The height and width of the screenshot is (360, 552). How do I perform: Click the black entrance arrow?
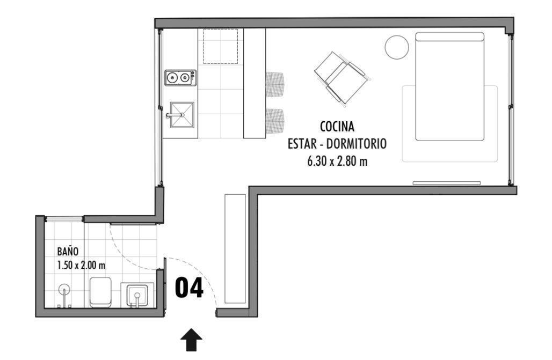[x=191, y=340]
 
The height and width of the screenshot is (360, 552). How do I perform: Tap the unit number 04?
[x=189, y=288]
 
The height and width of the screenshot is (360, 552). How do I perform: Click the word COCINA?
[x=337, y=126]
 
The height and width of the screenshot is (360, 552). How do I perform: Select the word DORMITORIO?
[x=357, y=144]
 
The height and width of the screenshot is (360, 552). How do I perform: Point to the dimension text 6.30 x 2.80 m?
[x=337, y=161]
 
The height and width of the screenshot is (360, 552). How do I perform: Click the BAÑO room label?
[x=68, y=251]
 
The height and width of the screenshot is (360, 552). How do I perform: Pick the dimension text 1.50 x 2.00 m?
[x=81, y=265]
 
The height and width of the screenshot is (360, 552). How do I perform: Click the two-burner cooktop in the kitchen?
[x=180, y=78]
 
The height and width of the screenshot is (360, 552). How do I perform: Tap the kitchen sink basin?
[x=182, y=115]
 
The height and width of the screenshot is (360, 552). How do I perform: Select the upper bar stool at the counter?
[x=275, y=84]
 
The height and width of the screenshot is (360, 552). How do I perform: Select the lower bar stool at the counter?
[x=275, y=121]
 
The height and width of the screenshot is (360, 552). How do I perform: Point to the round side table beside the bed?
[x=397, y=47]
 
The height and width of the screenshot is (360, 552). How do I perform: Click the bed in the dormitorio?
[x=449, y=86]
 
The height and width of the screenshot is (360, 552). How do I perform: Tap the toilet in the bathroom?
[x=101, y=292]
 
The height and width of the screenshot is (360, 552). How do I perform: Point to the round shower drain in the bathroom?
[x=64, y=290]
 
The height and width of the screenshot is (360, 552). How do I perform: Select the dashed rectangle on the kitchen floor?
[x=221, y=47]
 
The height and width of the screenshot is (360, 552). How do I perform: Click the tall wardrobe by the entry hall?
[x=235, y=248]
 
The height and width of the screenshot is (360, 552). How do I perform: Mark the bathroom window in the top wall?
[x=64, y=219]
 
